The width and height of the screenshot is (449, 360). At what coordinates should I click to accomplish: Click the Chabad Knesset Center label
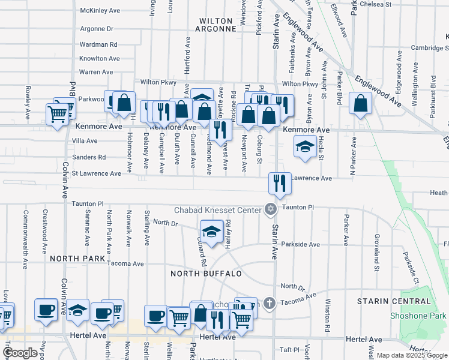(218, 210)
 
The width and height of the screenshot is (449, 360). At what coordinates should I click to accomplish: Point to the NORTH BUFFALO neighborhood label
(206, 274)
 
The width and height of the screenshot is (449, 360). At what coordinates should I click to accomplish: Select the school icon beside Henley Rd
(211, 232)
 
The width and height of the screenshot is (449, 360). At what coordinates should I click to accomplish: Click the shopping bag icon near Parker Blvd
(360, 104)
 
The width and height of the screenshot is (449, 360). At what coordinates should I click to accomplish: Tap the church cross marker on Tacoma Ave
(269, 303)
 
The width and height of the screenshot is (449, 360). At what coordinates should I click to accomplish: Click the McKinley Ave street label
(101, 10)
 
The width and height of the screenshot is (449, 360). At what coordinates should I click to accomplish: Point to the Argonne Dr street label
(97, 29)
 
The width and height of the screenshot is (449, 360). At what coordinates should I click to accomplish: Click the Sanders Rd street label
(89, 157)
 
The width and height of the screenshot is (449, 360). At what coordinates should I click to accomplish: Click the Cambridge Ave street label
(430, 48)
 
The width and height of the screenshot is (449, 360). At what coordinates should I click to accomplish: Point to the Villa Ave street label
(85, 141)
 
